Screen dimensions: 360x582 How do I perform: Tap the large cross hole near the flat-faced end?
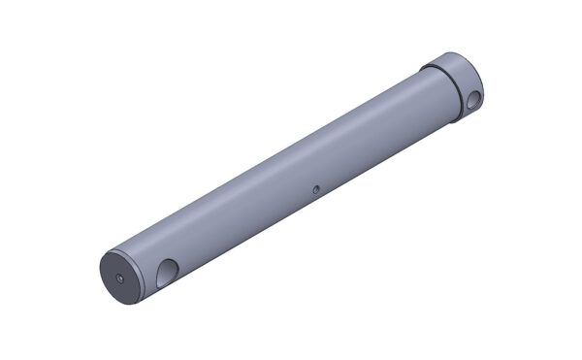[167, 271]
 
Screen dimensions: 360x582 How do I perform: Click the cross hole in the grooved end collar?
[473, 98]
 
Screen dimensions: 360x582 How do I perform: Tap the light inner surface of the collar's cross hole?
[475, 99]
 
